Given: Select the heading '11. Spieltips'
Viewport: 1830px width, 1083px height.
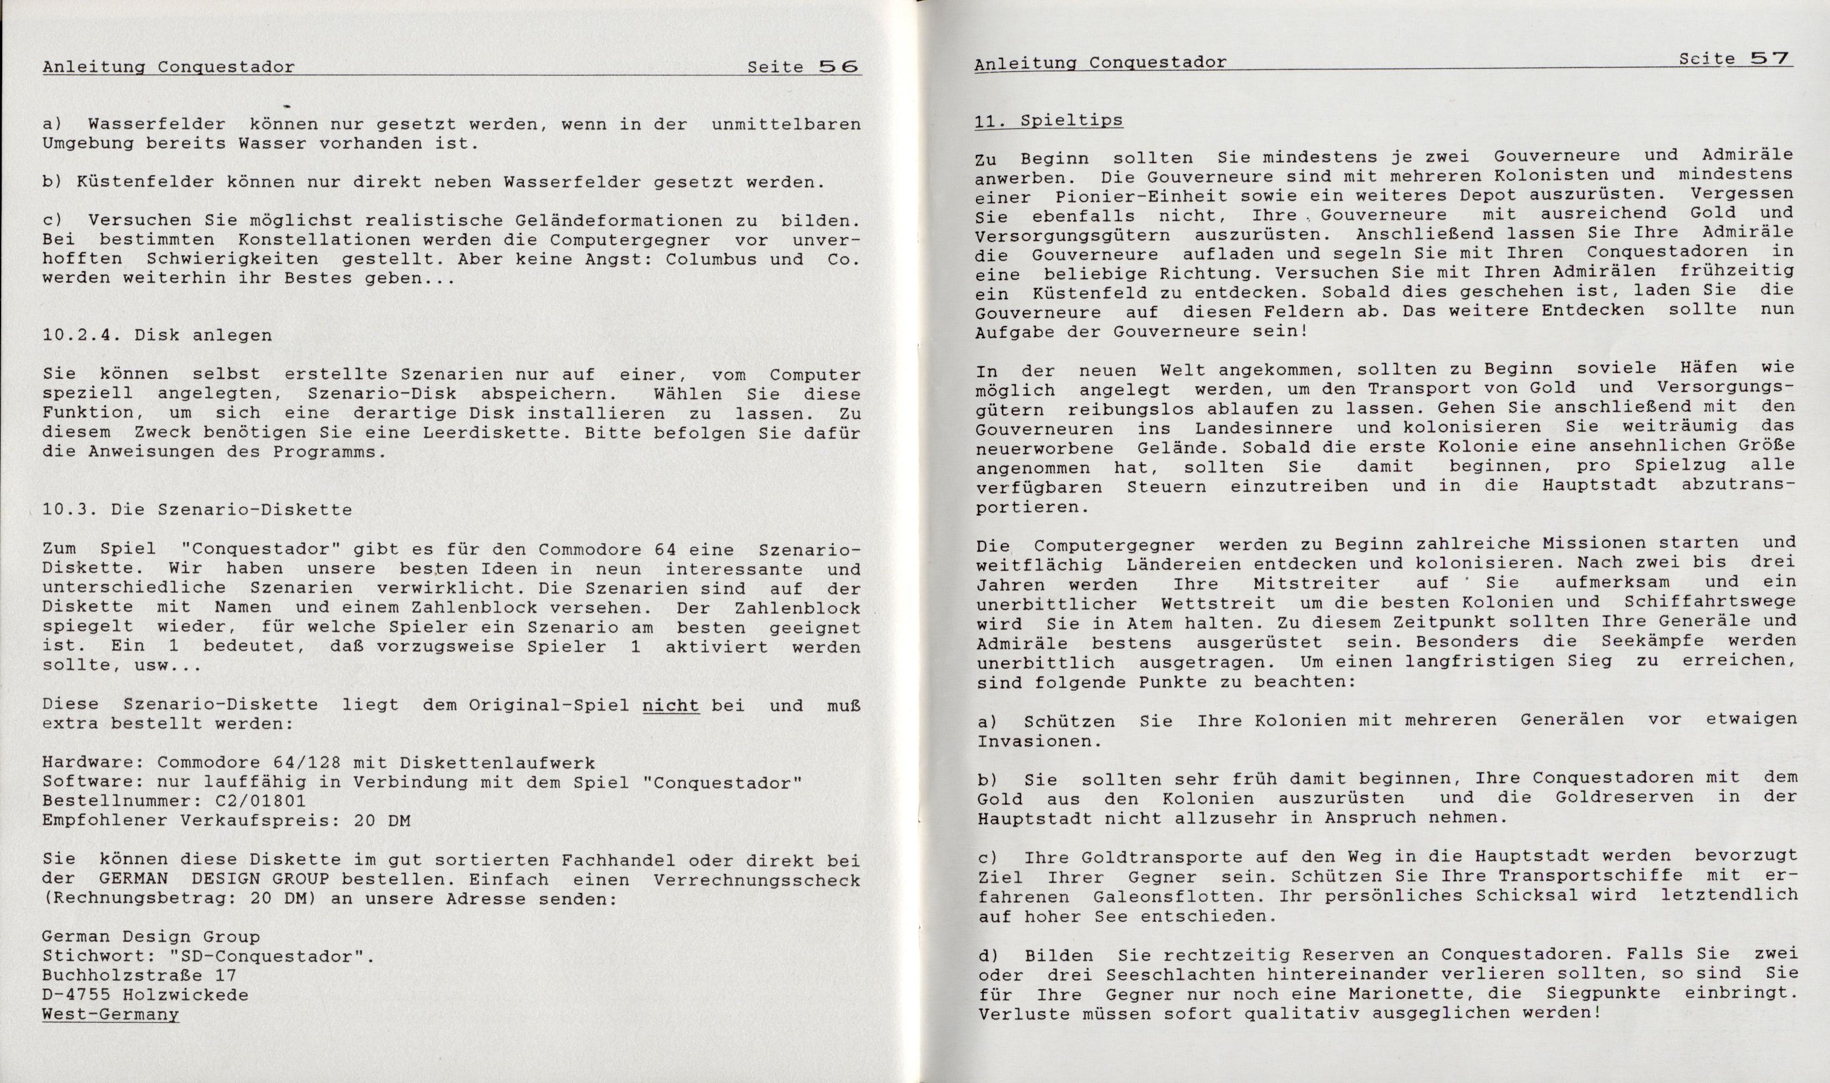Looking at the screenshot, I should (x=1048, y=120).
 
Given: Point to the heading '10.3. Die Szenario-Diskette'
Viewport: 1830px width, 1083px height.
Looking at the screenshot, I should (x=197, y=509).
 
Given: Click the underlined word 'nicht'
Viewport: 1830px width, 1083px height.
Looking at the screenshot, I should (x=671, y=705).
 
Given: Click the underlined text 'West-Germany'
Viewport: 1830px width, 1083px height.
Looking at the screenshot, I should (x=110, y=1015).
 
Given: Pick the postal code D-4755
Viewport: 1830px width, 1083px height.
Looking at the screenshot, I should (x=76, y=995).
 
